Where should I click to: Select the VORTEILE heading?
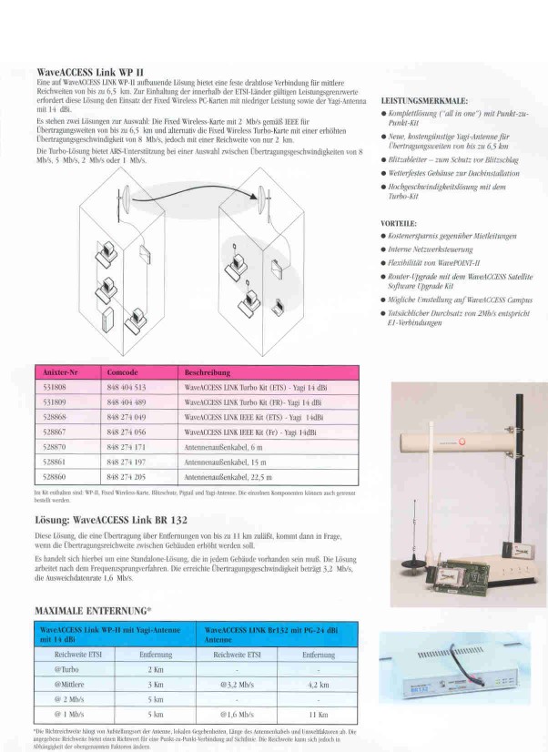point(398,222)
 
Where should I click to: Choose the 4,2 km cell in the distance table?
point(318,683)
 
